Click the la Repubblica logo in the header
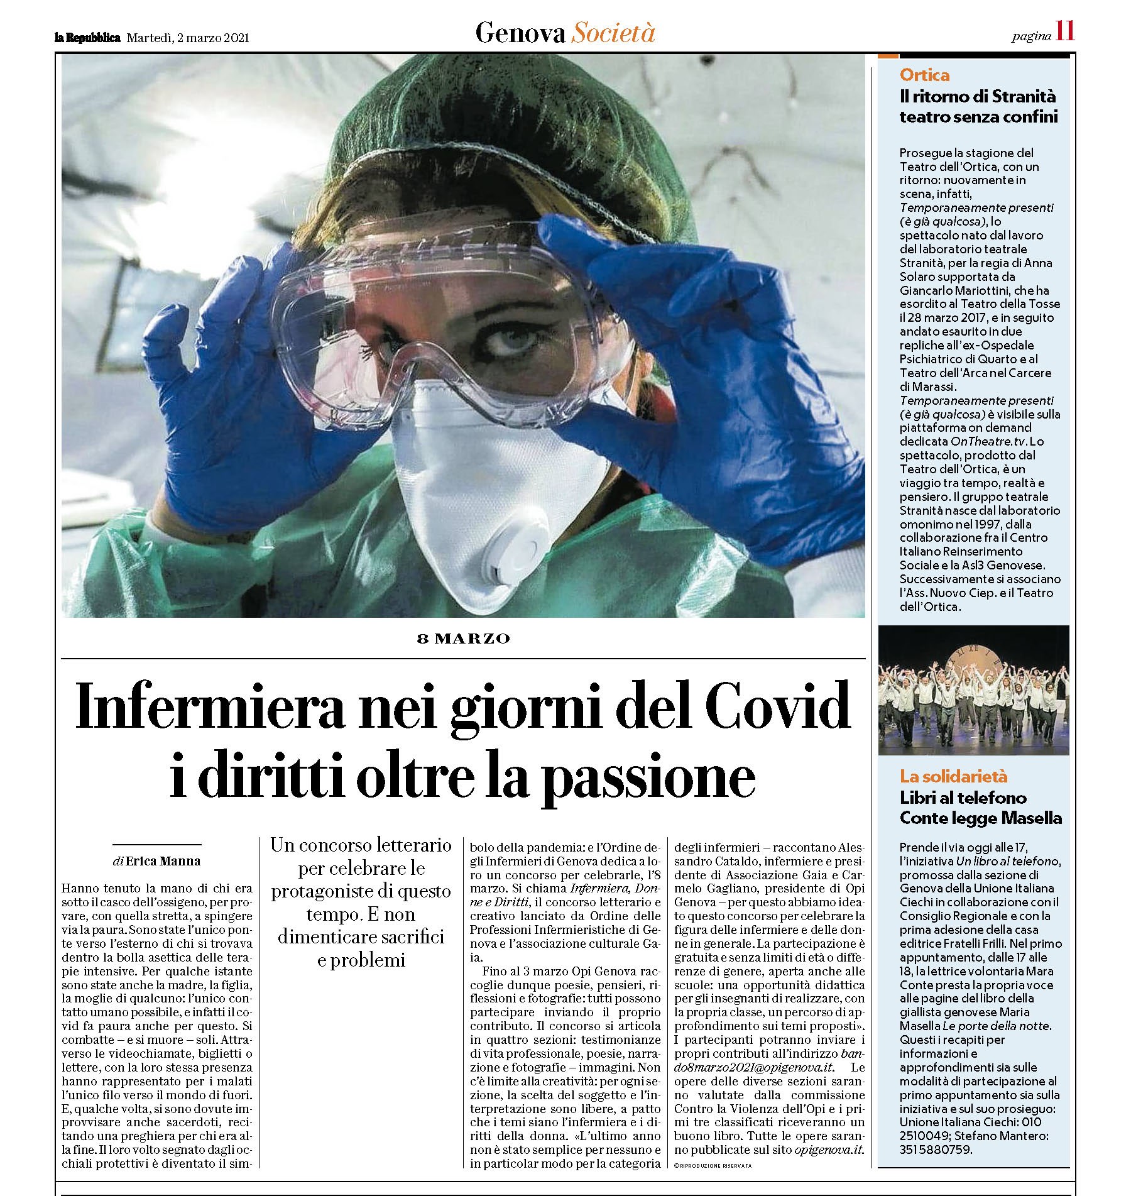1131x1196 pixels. (87, 38)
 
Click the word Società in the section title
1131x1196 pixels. (613, 33)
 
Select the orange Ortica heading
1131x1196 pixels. (924, 75)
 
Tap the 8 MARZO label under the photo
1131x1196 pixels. (464, 639)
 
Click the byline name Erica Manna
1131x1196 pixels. (163, 861)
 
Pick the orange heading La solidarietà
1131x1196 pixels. (953, 776)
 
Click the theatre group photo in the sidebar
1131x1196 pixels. (973, 689)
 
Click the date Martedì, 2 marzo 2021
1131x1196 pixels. (188, 38)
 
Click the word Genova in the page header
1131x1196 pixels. (520, 33)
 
